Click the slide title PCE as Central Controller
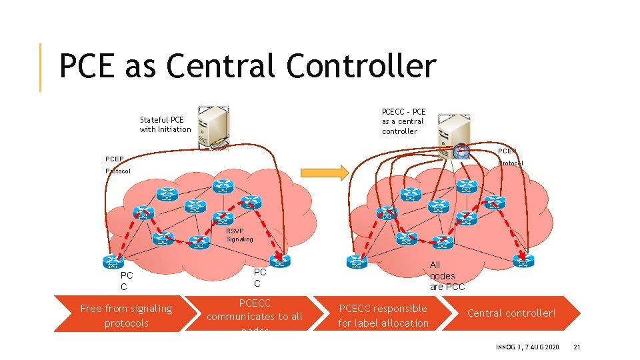pos(247,67)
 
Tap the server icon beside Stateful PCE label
pos(213,125)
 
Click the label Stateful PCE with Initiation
pos(165,125)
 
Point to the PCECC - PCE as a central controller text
pos(403,121)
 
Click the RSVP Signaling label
pos(239,235)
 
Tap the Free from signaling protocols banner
pos(126,315)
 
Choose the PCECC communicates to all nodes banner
pos(254,315)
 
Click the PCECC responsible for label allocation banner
pos(383,315)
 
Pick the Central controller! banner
pos(511,313)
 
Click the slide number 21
pos(577,347)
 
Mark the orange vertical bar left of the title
pos(40,67)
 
